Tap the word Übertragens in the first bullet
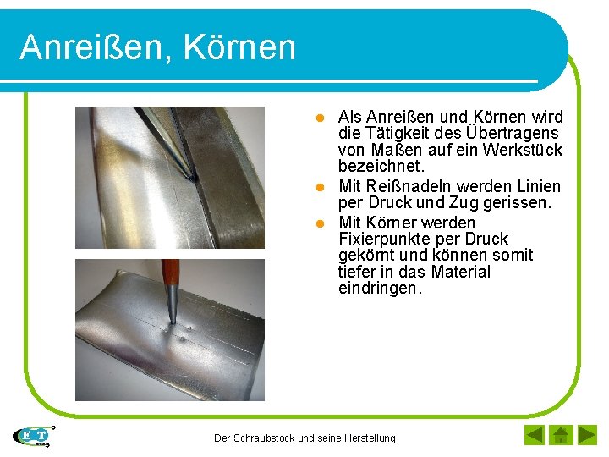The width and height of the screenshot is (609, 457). [513, 134]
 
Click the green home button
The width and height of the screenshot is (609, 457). [560, 436]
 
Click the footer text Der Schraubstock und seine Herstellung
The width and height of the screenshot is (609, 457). [304, 438]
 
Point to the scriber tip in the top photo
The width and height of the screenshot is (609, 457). [193, 176]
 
